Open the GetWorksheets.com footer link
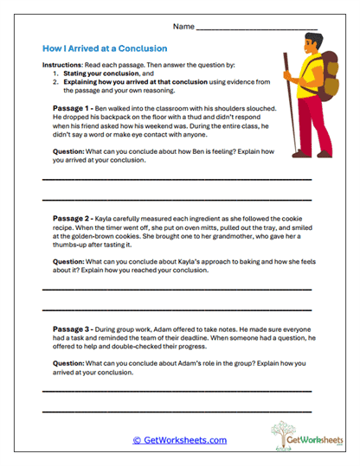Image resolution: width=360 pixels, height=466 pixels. pyautogui.click(x=179, y=440)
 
